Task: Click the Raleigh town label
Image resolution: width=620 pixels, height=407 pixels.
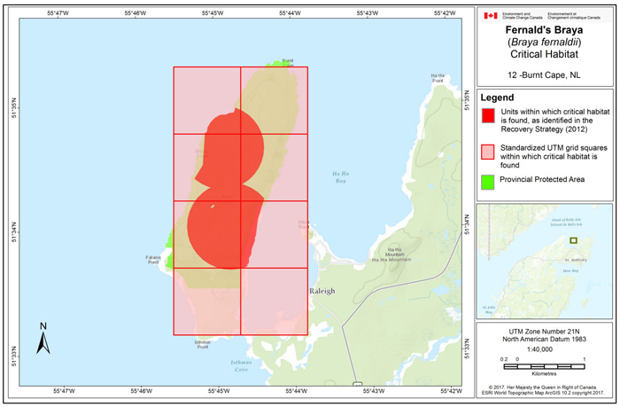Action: (323, 291)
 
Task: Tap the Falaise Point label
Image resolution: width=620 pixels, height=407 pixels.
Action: (152, 261)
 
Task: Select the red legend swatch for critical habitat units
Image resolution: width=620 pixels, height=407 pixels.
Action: (487, 114)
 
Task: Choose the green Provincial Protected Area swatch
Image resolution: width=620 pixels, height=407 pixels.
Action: (487, 180)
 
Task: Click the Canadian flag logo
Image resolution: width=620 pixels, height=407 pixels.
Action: (491, 15)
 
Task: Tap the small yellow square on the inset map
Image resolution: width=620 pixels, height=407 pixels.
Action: (573, 240)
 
